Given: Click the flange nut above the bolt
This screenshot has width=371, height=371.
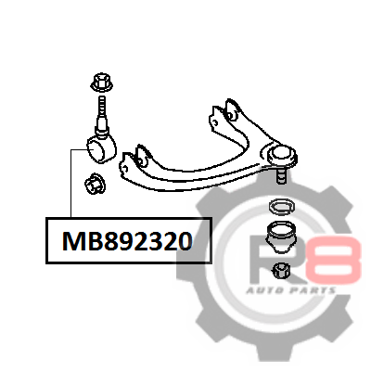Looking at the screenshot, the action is tap(102, 83).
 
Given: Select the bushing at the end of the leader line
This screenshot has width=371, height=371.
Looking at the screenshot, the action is tap(101, 149).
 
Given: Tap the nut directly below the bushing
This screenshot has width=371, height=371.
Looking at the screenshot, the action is tap(95, 184).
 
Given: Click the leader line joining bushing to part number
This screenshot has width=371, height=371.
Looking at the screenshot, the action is tap(71, 183).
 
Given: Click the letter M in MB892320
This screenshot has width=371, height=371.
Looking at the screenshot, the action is tap(73, 241).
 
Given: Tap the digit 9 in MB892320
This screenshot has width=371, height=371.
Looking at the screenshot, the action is tap(124, 241).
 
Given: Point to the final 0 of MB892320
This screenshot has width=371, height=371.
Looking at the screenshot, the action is tap(185, 241).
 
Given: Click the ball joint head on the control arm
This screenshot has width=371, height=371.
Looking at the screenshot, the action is tap(281, 154).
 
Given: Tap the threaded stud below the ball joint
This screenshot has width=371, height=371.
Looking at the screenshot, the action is tap(280, 175).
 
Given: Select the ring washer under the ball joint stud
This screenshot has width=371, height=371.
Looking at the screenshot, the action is tap(282, 207).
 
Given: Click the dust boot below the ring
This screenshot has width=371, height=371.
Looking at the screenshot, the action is tap(281, 237).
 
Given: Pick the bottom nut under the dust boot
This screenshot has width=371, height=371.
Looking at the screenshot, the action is tap(282, 270).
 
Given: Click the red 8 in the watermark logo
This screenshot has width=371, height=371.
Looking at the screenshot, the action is tap(333, 258).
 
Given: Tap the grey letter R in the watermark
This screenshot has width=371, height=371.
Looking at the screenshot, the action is tap(268, 259).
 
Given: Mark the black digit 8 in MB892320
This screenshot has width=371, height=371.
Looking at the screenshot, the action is tap(109, 241).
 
